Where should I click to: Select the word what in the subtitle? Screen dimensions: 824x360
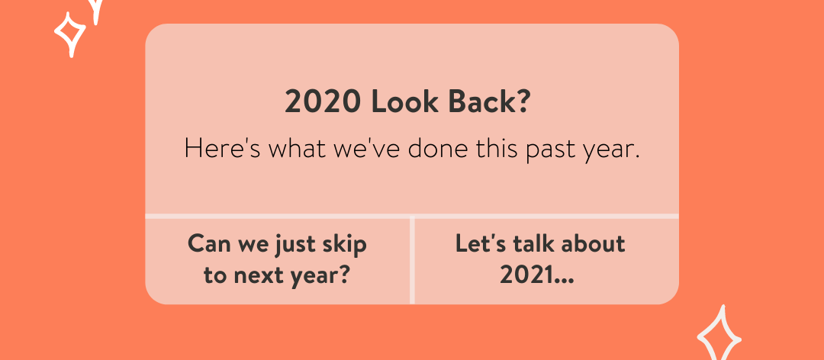click(297, 149)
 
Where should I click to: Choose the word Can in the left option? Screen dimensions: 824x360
click(208, 244)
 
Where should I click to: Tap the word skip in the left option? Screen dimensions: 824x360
click(345, 246)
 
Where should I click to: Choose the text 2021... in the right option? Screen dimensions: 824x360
click(537, 275)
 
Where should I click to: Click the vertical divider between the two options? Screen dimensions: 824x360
click(412, 259)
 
